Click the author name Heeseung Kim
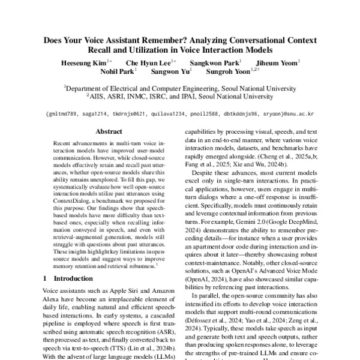click(x=83, y=62)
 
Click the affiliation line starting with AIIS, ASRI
click(x=180, y=95)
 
